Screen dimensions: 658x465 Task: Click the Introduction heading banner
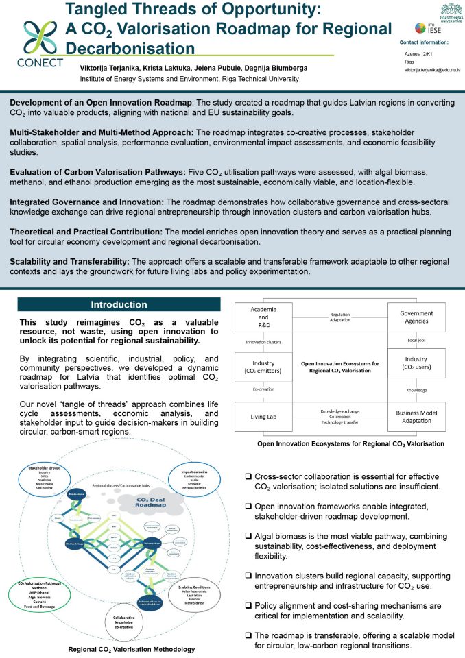pyautogui.click(x=119, y=304)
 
